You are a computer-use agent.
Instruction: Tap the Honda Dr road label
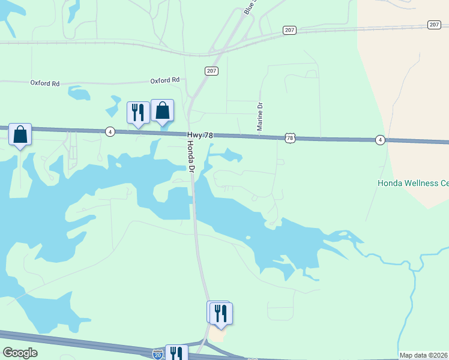click(x=191, y=158)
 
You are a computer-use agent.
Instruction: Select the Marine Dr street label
click(x=260, y=116)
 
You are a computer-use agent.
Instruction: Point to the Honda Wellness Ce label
click(x=412, y=183)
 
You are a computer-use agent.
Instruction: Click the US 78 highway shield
click(x=291, y=139)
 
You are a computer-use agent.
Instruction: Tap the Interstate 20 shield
click(x=158, y=355)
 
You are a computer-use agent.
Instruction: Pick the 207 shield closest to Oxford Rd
click(x=211, y=71)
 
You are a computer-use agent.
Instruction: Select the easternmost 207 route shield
click(x=435, y=25)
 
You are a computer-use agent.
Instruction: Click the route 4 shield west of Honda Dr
click(x=110, y=131)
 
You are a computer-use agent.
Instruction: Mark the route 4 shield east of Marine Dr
click(x=380, y=140)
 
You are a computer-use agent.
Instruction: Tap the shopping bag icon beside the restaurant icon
click(x=162, y=111)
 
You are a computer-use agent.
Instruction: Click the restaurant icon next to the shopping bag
click(x=138, y=112)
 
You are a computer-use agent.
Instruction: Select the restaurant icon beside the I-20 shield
click(x=176, y=353)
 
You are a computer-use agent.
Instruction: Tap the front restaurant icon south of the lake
click(x=221, y=313)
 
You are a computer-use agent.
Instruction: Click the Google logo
click(x=20, y=353)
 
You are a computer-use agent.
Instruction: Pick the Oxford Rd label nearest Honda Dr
click(x=165, y=80)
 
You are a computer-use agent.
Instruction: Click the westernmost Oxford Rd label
click(x=45, y=83)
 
